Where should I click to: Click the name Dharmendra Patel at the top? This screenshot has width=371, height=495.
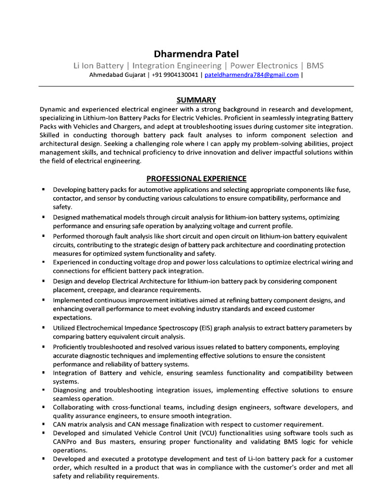point(196,54)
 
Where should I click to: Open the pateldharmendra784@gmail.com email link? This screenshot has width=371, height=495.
point(252,75)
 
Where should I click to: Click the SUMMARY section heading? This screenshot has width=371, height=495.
point(196,100)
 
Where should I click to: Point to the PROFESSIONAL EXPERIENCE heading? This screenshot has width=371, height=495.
point(196,178)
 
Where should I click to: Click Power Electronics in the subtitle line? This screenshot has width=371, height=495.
point(264,65)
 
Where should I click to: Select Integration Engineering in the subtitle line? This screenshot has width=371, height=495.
point(177,65)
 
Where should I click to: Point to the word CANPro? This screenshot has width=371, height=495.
point(65,441)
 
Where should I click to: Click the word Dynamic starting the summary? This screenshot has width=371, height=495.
point(54,109)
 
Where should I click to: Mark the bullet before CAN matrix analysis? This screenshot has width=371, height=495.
point(43,424)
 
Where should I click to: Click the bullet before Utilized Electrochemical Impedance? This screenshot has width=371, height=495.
point(43,328)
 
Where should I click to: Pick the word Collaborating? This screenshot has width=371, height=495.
point(74,407)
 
